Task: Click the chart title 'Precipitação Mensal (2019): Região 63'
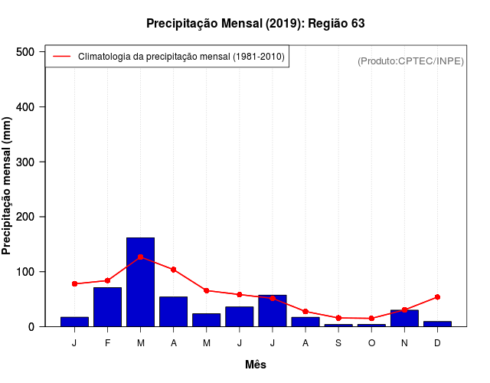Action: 255,24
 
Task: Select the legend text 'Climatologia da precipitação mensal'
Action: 181,57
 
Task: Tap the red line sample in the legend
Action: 61,57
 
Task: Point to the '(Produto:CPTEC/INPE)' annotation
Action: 410,61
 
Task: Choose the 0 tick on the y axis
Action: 32,327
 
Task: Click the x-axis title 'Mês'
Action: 255,365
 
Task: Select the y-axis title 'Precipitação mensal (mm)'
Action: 8,186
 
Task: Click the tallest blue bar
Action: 140,282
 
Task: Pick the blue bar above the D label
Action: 437,324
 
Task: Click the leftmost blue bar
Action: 74,322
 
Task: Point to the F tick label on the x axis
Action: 107,343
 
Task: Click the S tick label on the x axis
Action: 338,343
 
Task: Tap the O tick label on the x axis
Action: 371,343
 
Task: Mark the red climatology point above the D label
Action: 437,296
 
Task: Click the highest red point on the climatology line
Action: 140,257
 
